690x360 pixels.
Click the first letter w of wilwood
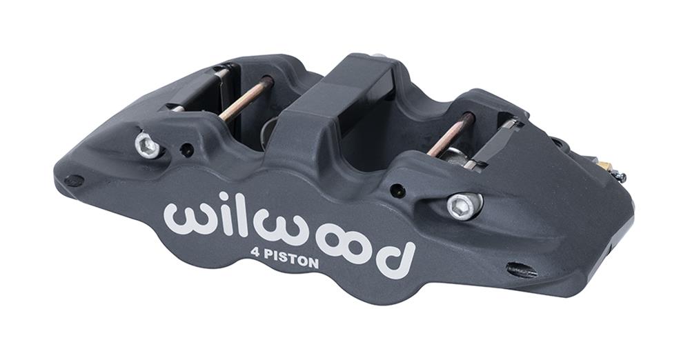[185, 219]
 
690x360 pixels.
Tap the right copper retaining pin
[452, 134]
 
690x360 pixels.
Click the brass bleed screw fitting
[604, 166]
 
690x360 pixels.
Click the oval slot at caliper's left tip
[74, 181]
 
